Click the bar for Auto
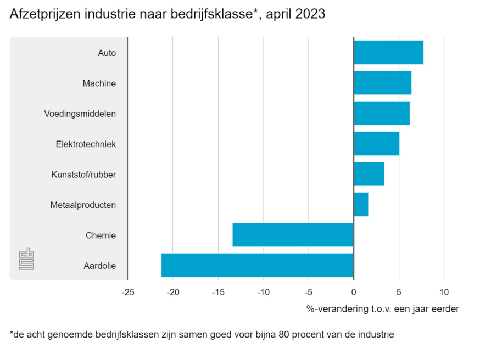coord(388,53)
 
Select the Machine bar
coord(382,83)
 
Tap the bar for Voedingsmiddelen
coord(381,114)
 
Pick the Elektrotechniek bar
coord(376,144)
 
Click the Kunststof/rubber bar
coord(369,174)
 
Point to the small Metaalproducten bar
coord(360,205)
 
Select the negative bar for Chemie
coord(292,235)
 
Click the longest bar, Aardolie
coord(256,265)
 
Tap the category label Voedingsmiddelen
coord(80,114)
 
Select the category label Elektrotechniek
coord(86,144)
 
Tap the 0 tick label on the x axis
coord(353,291)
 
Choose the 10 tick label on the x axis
coord(444,291)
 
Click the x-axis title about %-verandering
coord(382,309)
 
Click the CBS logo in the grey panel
coord(26,259)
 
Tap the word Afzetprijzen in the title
coord(45,15)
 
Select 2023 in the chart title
coord(309,15)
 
